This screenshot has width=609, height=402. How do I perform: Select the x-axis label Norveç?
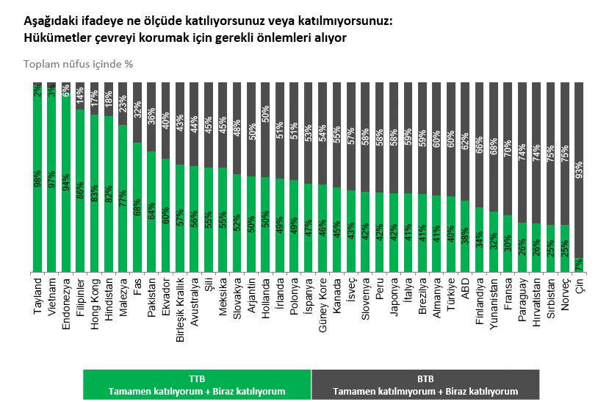[x=565, y=295]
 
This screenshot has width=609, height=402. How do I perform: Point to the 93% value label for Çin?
[x=579, y=170]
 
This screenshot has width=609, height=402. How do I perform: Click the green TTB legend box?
[x=197, y=384]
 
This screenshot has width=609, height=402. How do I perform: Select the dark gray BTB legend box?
[x=425, y=384]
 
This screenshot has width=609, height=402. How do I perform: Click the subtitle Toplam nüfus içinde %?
[x=78, y=63]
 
